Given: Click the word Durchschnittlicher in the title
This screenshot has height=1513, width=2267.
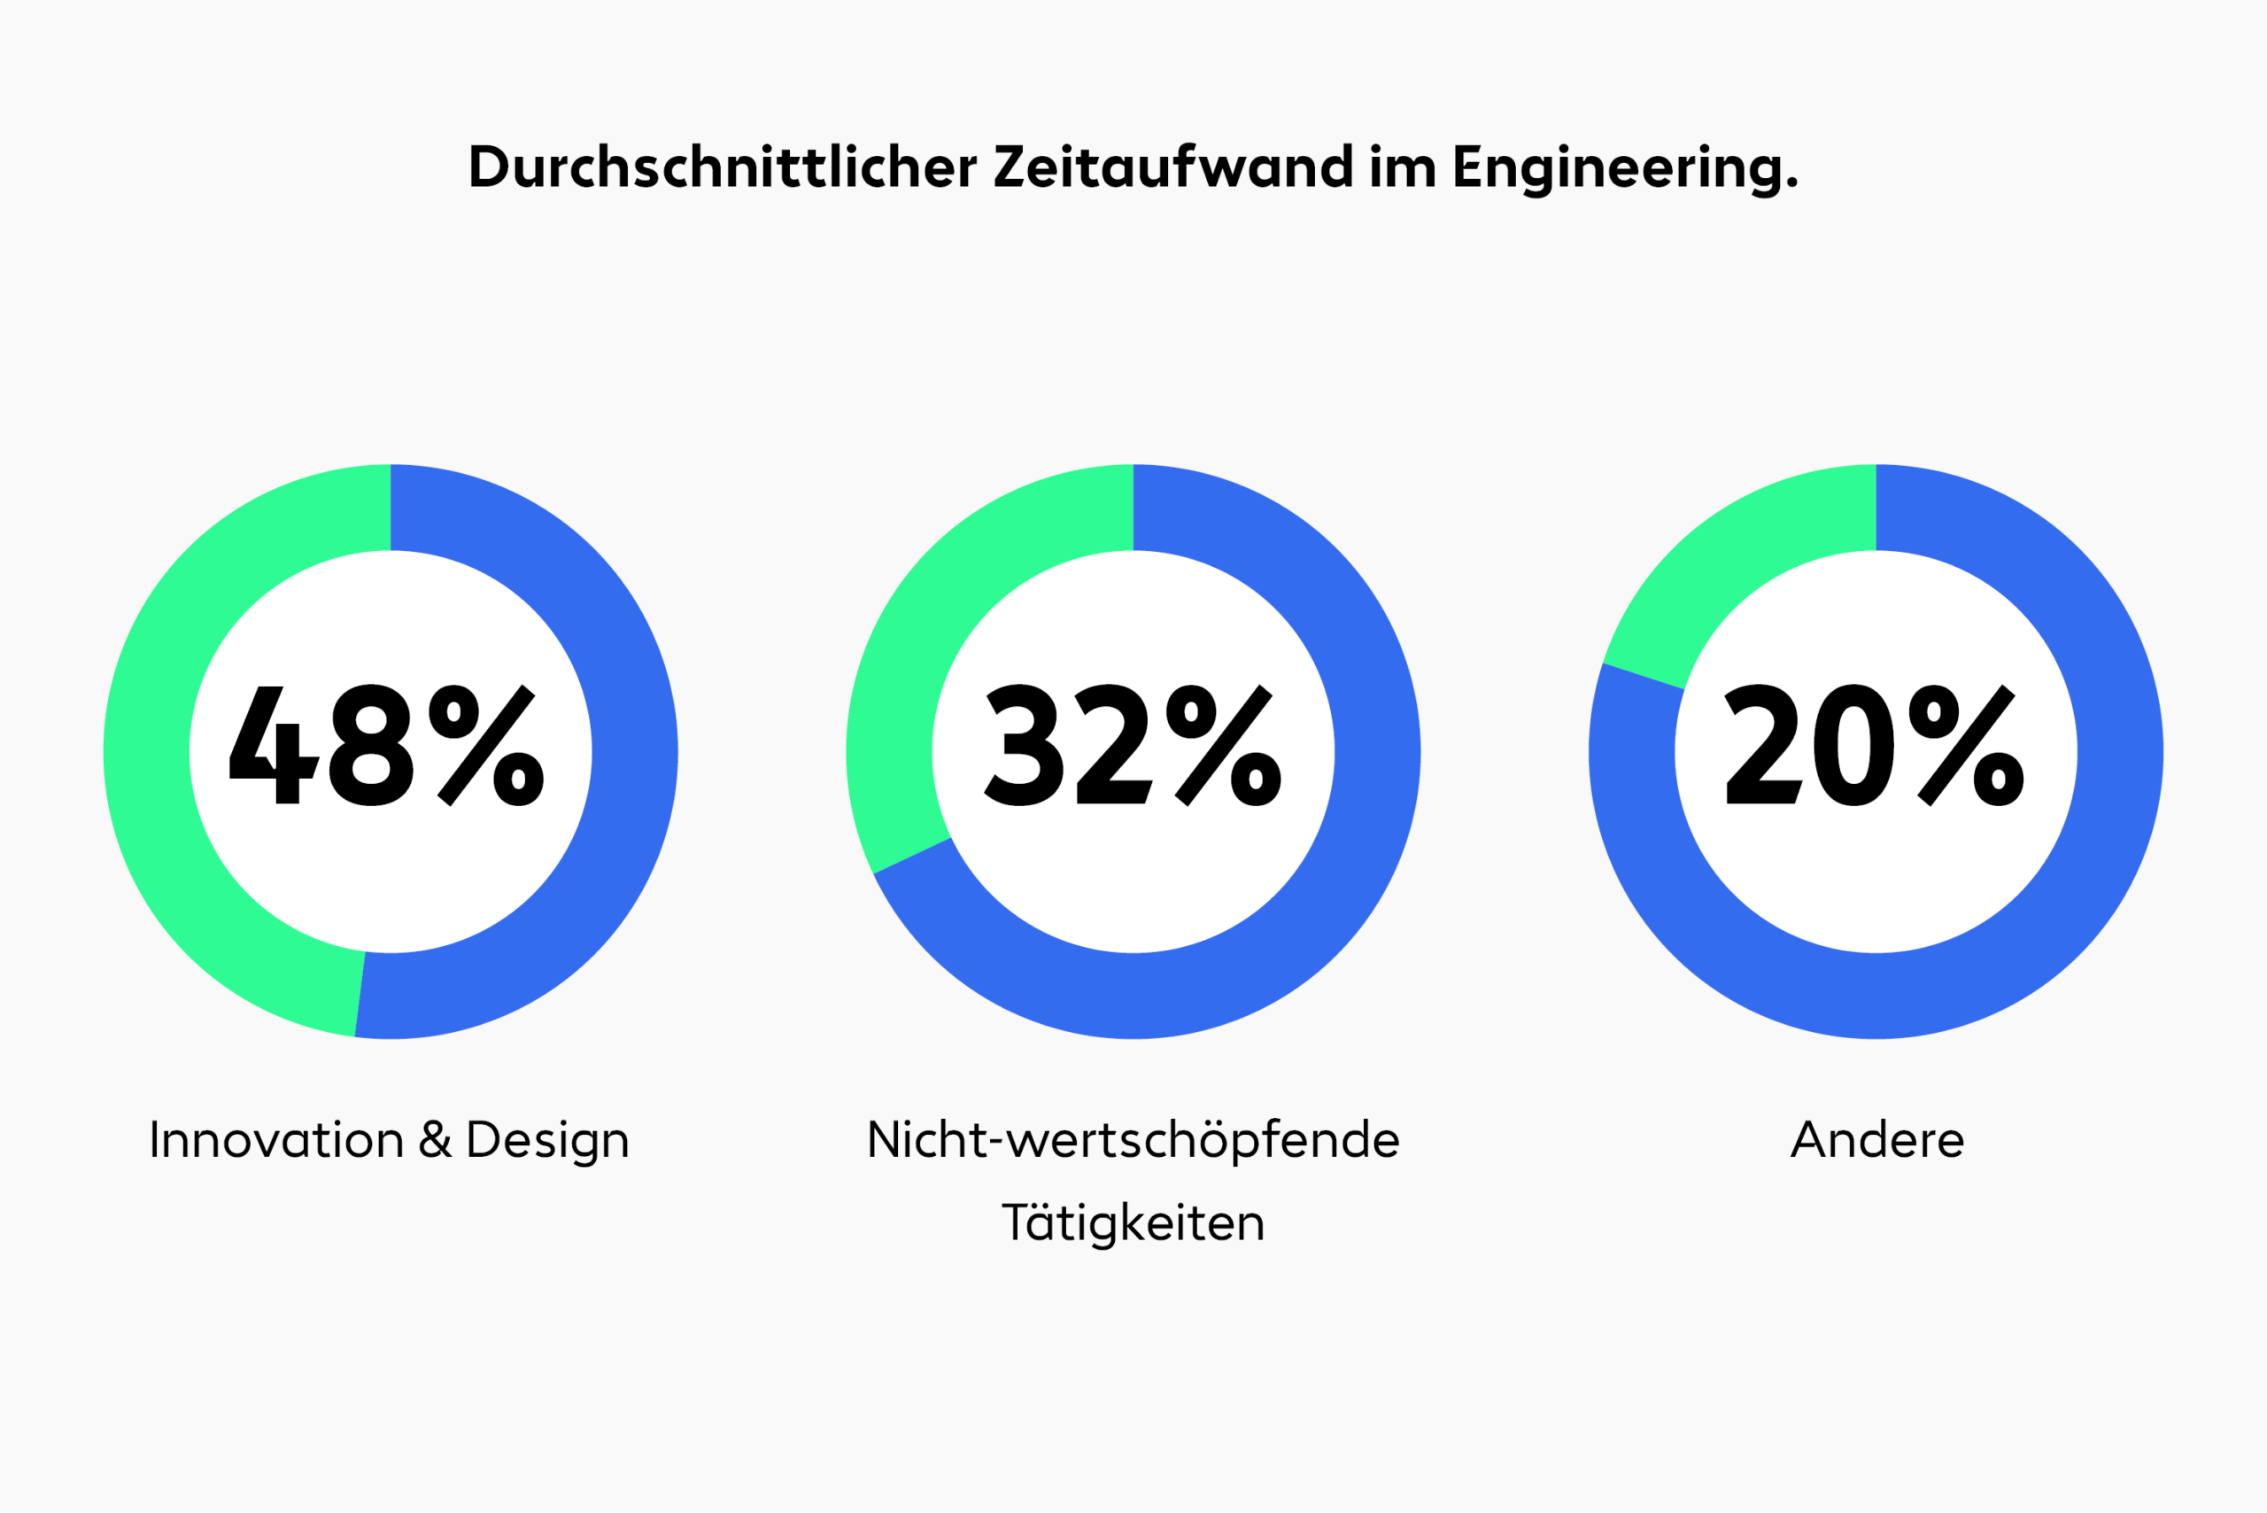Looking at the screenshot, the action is point(723,166).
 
